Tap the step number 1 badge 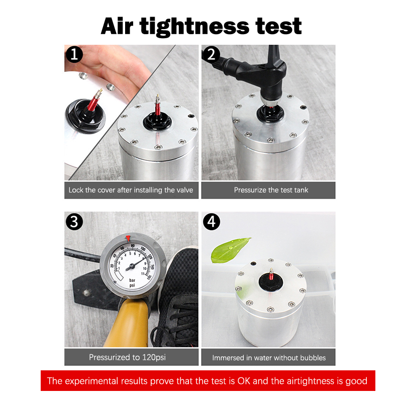74,54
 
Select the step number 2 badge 211,54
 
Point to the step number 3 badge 74,222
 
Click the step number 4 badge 212,222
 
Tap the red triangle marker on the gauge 128,238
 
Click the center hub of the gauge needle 132,266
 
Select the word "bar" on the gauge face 132,280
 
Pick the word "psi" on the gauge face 132,285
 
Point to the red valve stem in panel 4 271,274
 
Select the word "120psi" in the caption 154,357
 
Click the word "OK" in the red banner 244,381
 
